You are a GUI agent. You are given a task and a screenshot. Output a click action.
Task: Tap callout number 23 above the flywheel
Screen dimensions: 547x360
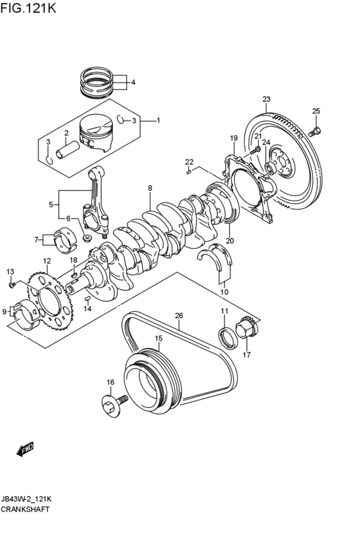266,99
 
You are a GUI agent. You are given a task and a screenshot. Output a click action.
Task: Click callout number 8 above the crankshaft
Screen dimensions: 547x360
150,188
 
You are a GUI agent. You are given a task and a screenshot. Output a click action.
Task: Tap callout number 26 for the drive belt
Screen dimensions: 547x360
179,316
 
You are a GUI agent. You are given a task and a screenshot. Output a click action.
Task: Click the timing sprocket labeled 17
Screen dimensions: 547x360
247,330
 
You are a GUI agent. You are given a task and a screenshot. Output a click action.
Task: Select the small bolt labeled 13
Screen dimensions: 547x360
12,284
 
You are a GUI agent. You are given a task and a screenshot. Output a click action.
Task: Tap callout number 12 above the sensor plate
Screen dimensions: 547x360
47,261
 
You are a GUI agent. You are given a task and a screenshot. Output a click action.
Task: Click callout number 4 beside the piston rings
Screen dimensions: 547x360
133,82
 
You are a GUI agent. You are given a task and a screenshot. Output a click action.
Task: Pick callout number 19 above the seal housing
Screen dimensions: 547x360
234,138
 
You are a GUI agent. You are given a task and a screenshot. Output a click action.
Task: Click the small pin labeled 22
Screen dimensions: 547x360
188,172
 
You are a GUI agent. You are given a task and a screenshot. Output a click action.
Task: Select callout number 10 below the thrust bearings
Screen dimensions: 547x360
224,292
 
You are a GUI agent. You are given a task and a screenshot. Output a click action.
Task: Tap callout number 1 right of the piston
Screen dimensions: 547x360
158,120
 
